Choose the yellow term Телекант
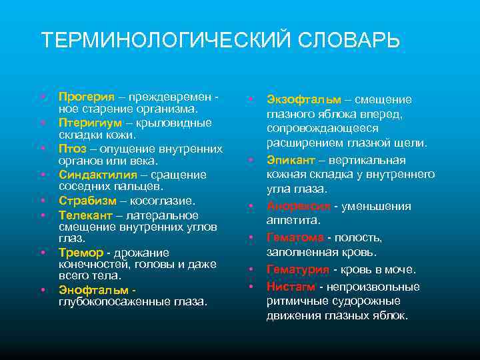85,215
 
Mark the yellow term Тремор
81,253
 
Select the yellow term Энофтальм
94,290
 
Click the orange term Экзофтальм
304,99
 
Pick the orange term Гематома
295,237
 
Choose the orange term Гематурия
298,269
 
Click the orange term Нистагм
291,287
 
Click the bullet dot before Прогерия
43,97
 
